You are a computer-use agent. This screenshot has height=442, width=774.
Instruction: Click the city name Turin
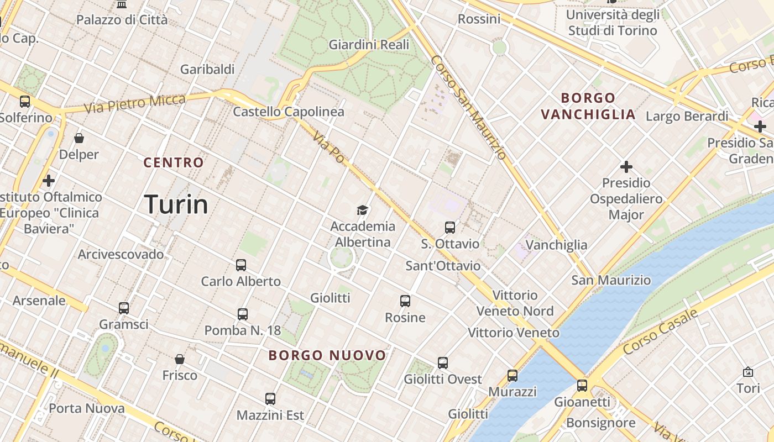pyautogui.click(x=176, y=204)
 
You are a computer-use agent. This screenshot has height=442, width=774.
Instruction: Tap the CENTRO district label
pyautogui.click(x=174, y=162)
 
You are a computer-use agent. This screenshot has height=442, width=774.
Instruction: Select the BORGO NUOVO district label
pyautogui.click(x=327, y=355)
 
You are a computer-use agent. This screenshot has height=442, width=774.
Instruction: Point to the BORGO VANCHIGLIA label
pyautogui.click(x=588, y=106)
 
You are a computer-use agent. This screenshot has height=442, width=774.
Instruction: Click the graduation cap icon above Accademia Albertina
pyautogui.click(x=362, y=210)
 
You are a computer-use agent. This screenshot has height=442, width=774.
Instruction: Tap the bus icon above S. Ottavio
pyautogui.click(x=450, y=227)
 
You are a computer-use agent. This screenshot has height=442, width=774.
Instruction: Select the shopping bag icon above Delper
pyautogui.click(x=79, y=138)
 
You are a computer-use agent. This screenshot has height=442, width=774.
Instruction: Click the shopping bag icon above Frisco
pyautogui.click(x=180, y=359)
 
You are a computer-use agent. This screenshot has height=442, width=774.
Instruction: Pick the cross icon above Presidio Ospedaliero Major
pyautogui.click(x=626, y=166)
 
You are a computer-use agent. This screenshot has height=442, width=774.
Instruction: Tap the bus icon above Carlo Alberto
pyautogui.click(x=241, y=265)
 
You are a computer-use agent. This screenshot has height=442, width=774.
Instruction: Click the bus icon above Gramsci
pyautogui.click(x=124, y=308)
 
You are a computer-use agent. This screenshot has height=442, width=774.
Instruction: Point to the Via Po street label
pyautogui.click(x=328, y=148)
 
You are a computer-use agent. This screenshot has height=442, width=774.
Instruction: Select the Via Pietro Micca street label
pyautogui.click(x=135, y=103)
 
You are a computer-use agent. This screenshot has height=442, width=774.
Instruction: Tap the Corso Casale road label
pyautogui.click(x=660, y=332)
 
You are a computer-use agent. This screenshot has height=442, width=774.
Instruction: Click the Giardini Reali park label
pyautogui.click(x=369, y=45)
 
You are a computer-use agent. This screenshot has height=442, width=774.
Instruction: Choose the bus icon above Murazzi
pyautogui.click(x=512, y=376)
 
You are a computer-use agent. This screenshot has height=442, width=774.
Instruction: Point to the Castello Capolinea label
pyautogui.click(x=289, y=112)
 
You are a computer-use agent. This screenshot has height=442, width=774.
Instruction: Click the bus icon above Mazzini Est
pyautogui.click(x=270, y=398)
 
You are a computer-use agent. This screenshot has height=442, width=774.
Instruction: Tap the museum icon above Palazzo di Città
pyautogui.click(x=122, y=4)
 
